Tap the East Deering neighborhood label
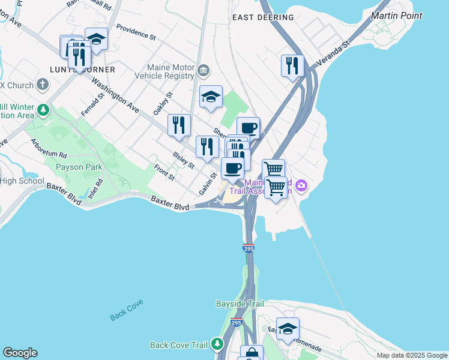263,17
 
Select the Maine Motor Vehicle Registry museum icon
203,72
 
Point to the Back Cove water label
127,316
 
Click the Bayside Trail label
240,304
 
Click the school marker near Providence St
96,39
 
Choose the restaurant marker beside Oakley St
179,125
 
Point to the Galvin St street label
208,184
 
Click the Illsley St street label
183,160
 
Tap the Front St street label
163,172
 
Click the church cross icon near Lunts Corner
43,84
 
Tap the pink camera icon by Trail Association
301,186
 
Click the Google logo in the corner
20,353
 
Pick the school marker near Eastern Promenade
288,328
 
